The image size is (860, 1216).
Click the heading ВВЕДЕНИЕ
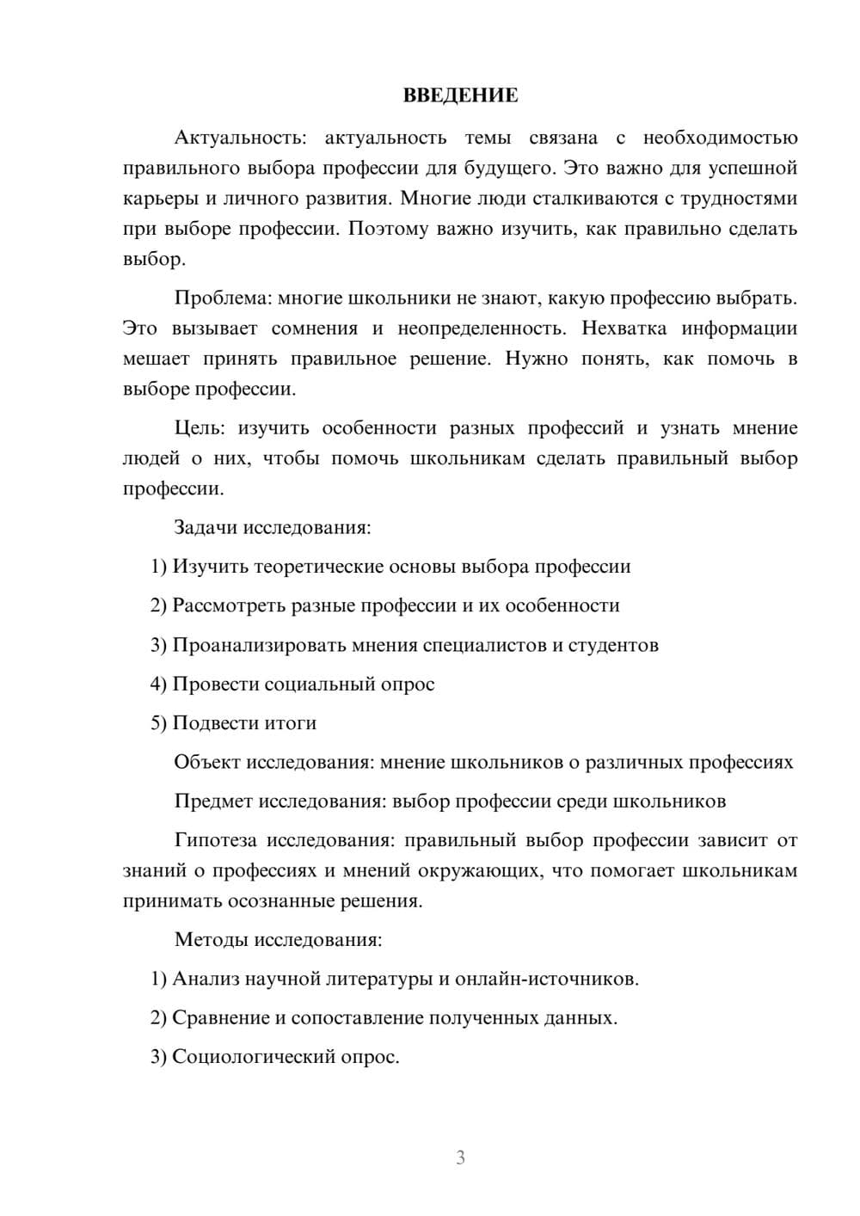coord(460,95)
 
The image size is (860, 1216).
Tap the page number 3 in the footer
coord(460,1158)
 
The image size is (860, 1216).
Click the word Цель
coord(199,428)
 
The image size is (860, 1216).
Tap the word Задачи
coord(206,527)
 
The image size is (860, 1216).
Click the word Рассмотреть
coord(230,605)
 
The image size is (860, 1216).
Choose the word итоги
coord(292,723)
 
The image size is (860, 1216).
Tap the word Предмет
coord(213,801)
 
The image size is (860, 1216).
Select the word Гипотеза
coord(215,840)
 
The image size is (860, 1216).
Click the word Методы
coord(210,939)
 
